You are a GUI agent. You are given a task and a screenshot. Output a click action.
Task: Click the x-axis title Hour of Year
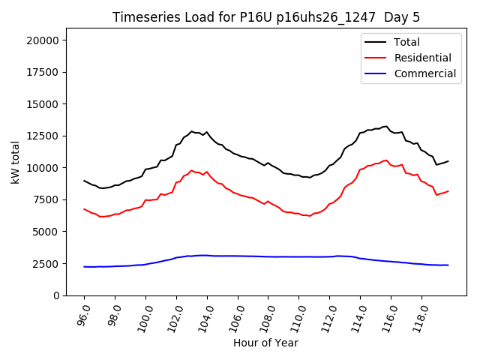pos(265,343)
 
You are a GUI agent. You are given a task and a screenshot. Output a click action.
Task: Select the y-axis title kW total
pos(15,162)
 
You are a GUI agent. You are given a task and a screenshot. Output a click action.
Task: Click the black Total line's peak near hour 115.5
pos(386,127)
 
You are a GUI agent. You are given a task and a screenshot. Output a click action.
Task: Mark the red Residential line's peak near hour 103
pos(191,170)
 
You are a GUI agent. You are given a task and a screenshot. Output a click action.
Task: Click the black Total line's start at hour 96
pos(84,181)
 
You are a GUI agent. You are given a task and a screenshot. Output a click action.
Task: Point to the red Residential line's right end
pos(448,190)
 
